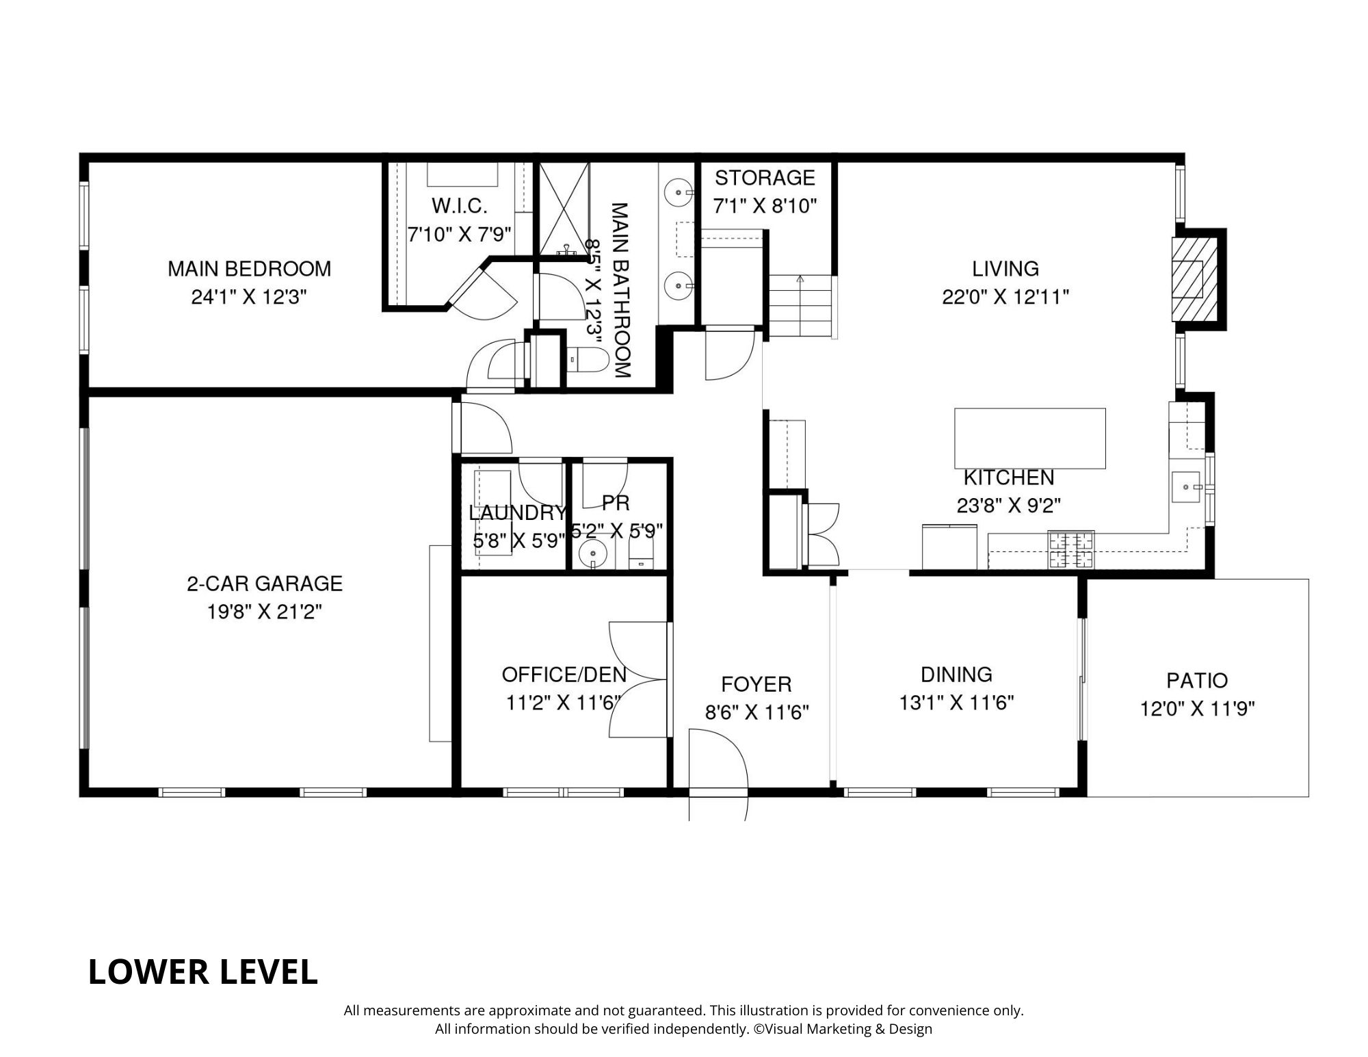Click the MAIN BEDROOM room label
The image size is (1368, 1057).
(x=250, y=269)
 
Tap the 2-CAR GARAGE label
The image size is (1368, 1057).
(x=265, y=584)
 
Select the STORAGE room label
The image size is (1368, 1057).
(x=765, y=178)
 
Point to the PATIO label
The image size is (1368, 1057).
(x=1197, y=681)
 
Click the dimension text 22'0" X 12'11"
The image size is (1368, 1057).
(x=1005, y=298)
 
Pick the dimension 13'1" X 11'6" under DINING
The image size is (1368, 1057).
(x=956, y=703)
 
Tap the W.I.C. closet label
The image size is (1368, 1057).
(x=460, y=206)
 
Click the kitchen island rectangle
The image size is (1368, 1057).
(x=1030, y=439)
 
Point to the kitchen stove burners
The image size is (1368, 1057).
(x=1071, y=549)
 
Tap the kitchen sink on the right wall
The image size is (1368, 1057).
(x=1187, y=487)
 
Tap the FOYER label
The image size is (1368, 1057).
(x=757, y=685)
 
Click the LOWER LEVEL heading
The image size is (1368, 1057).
(x=203, y=972)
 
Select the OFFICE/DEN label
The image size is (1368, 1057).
(x=564, y=675)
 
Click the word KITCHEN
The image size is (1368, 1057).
(x=1009, y=478)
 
